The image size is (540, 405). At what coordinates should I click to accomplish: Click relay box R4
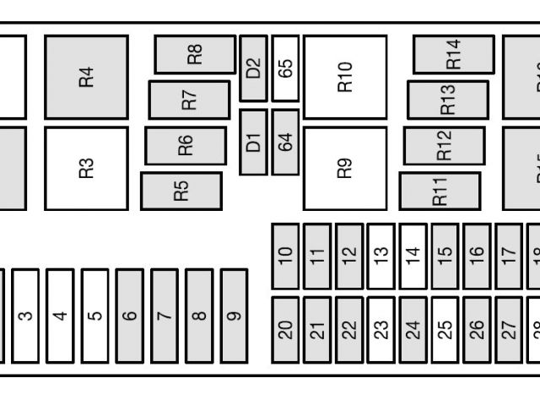click(x=86, y=77)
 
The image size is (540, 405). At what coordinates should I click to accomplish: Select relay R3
click(x=86, y=168)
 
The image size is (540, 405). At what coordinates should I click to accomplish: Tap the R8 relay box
click(x=195, y=55)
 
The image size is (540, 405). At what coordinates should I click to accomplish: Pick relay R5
click(x=181, y=192)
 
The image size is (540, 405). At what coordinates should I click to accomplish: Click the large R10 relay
click(x=344, y=77)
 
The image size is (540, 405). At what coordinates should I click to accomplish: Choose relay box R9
click(x=344, y=168)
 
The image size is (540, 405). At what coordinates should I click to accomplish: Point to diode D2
click(x=253, y=67)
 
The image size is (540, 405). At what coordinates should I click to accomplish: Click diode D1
click(x=253, y=142)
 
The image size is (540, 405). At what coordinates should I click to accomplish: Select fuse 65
click(x=286, y=67)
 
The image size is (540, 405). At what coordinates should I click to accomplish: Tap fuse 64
click(x=286, y=142)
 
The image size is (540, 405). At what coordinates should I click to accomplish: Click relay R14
click(x=453, y=55)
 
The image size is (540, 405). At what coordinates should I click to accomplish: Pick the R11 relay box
click(x=440, y=192)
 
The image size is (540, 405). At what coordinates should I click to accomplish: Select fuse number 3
click(x=25, y=316)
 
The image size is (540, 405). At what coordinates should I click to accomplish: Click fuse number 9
click(x=234, y=316)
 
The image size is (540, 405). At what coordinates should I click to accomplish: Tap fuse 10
click(x=285, y=256)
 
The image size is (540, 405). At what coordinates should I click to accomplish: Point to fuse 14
click(x=413, y=256)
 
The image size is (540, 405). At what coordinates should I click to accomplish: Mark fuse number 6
click(x=129, y=316)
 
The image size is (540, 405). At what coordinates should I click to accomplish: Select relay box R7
click(x=190, y=100)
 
